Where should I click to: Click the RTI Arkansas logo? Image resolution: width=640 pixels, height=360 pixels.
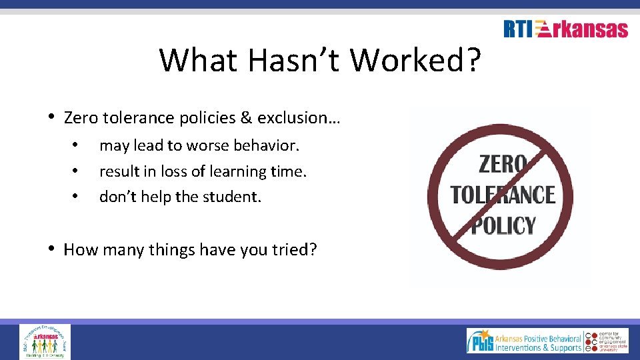click(565, 29)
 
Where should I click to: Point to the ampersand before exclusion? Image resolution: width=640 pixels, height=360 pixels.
click(245, 118)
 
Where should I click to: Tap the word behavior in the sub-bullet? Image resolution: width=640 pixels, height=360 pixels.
click(267, 145)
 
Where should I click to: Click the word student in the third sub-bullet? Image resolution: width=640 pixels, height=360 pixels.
click(232, 197)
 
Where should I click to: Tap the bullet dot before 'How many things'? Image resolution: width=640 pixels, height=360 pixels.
click(52, 249)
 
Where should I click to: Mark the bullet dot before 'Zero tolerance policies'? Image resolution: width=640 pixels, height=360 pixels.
click(52, 117)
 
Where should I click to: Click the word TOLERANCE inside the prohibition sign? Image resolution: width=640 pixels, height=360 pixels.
click(503, 195)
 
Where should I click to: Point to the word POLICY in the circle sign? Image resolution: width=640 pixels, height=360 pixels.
click(503, 225)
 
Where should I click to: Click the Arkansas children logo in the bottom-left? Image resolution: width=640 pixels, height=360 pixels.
click(44, 341)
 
